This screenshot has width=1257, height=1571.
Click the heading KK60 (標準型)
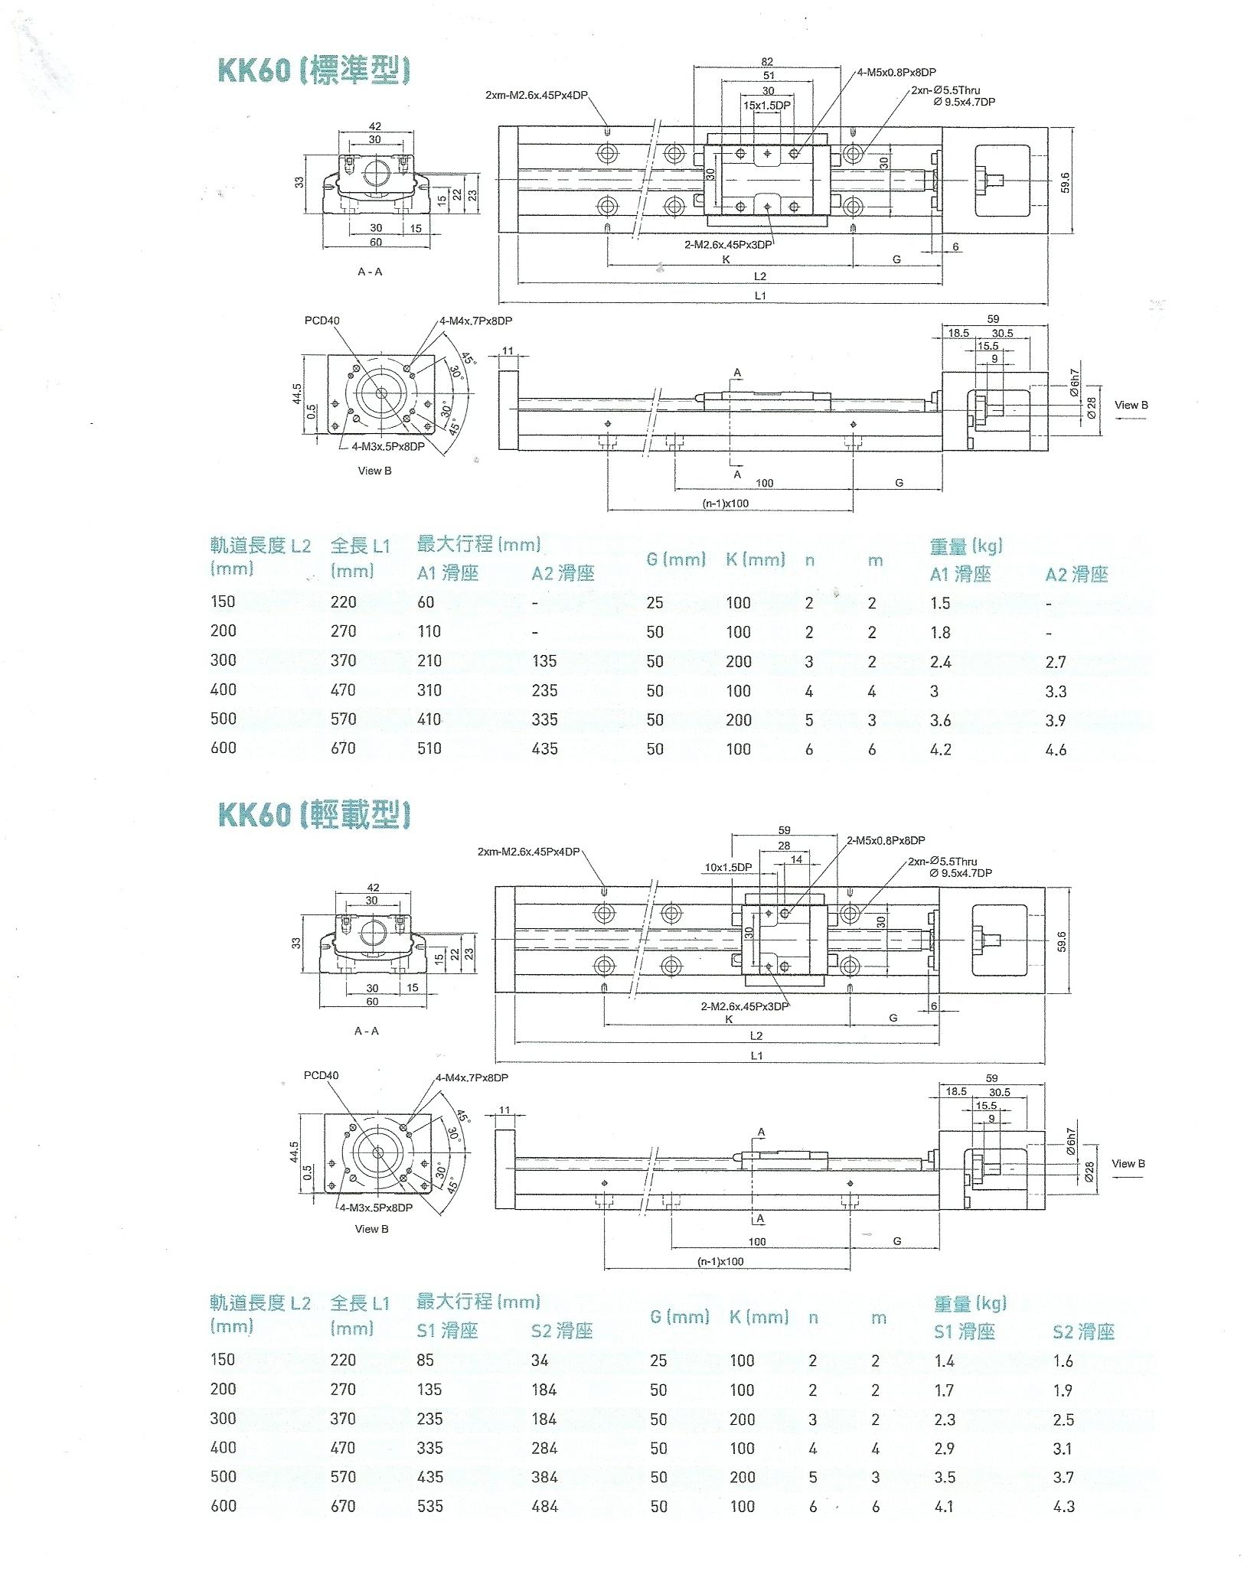pos(314,70)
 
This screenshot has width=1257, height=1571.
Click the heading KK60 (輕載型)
pos(314,814)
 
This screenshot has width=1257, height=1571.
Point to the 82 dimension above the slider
pos(767,62)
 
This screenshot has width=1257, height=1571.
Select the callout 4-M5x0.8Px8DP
pos(896,73)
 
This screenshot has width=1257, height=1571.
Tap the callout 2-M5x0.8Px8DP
pos(886,840)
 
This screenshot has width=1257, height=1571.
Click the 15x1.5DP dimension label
pos(767,105)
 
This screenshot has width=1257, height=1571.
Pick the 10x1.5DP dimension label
pos(728,867)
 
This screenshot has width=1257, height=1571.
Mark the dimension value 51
pos(769,76)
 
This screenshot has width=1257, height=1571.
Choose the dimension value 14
pos(796,859)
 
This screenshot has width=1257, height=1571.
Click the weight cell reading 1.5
pos(940,603)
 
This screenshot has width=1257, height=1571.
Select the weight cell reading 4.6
pos(1056,750)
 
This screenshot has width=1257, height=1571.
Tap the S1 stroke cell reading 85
pos(426,1360)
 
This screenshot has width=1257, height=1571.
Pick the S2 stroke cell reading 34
pos(540,1360)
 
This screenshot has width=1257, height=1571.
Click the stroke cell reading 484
pos(544,1506)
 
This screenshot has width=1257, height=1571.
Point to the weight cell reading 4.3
pos(1063,1506)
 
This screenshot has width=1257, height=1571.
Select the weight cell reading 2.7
pos(1056,662)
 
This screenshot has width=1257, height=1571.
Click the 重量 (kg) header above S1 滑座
pos(970,1302)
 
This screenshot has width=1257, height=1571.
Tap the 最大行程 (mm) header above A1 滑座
pos(478,545)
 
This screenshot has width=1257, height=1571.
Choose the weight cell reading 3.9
pos(1056,720)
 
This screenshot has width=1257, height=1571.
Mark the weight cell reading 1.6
pos(1063,1361)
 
